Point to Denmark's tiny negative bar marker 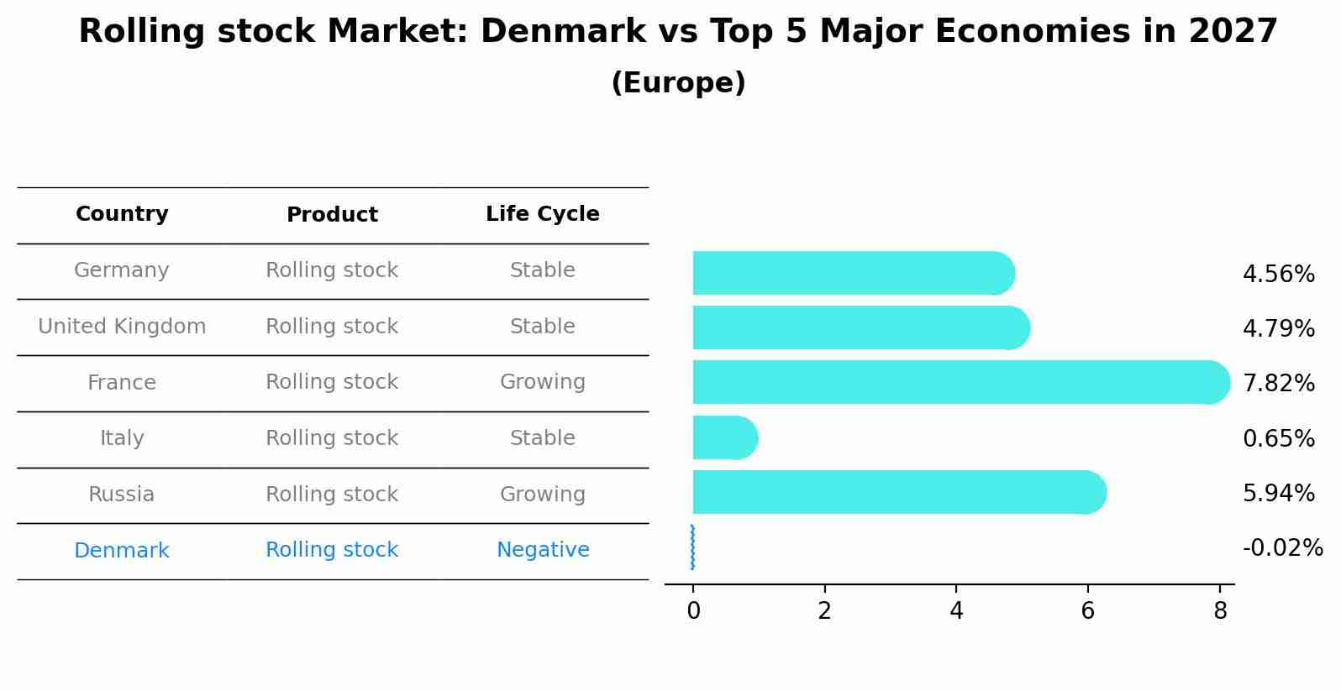[692, 547]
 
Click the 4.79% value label [1278, 328]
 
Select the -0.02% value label [1282, 548]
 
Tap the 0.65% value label [1278, 438]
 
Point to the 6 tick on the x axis [1087, 610]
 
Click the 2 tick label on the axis [824, 610]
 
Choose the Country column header [122, 214]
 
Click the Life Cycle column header [542, 214]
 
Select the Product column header [332, 215]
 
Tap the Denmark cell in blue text [122, 551]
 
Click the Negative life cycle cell [543, 550]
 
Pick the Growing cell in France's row [543, 382]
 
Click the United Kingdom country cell [122, 327]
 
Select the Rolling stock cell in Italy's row [332, 438]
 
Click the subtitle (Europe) [678, 83]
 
